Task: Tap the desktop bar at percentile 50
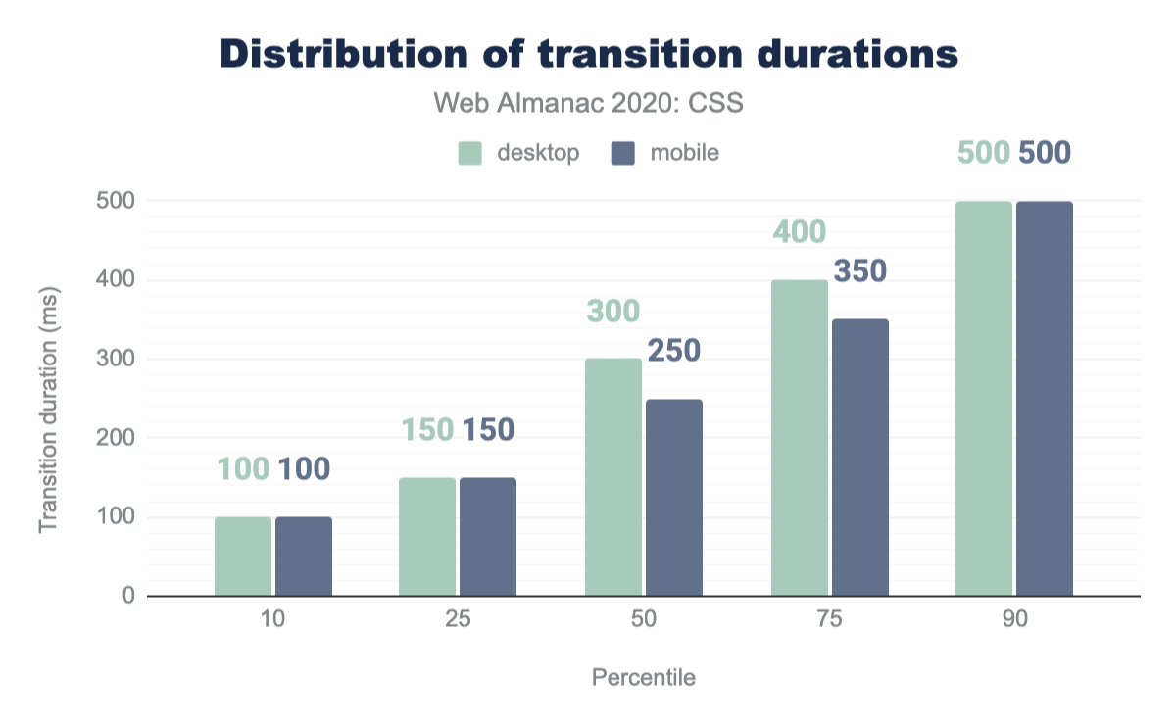(613, 477)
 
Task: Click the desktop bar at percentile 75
(800, 438)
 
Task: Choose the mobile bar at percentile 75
(860, 458)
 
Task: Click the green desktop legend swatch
(471, 154)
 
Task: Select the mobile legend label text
(684, 154)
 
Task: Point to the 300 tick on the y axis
(115, 360)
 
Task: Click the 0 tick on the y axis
(127, 596)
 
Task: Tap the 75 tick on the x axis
(830, 621)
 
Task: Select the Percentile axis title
(644, 678)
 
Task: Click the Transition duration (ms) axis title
(48, 411)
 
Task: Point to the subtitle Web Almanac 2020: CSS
(589, 103)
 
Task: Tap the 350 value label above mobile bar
(859, 271)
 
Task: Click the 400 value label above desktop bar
(800, 232)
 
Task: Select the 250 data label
(673, 351)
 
